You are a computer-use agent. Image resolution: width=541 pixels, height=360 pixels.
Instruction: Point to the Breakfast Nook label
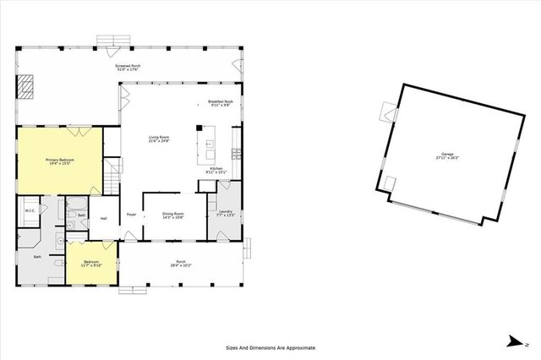click(220, 101)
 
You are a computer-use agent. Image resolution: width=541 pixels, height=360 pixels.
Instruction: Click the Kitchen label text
click(216, 168)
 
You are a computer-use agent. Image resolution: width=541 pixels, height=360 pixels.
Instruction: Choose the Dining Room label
click(173, 213)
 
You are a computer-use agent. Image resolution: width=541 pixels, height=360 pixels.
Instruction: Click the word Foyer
click(131, 214)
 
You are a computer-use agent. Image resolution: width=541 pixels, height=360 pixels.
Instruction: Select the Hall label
click(104, 218)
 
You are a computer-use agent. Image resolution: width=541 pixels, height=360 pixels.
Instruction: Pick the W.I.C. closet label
click(29, 211)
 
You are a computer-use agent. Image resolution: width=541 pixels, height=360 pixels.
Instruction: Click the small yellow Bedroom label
click(91, 262)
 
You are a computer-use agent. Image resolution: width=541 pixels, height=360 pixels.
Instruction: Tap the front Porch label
click(180, 261)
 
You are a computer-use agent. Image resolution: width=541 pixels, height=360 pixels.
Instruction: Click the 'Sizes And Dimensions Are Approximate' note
click(270, 347)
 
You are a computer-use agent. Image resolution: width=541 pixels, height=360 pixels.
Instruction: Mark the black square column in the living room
click(199, 129)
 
